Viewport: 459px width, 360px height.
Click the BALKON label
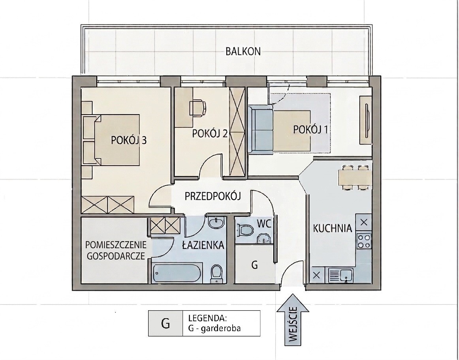point(243,51)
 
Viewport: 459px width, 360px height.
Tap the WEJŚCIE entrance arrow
point(293,320)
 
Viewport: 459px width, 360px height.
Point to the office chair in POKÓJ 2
point(198,108)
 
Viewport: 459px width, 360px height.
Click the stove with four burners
point(363,241)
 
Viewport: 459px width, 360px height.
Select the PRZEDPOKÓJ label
point(213,196)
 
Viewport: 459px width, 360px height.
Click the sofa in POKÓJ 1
point(261,130)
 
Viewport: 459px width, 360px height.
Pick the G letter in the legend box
point(166,323)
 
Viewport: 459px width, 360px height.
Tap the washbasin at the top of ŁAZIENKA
point(216,223)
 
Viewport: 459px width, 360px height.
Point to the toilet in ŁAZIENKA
point(216,274)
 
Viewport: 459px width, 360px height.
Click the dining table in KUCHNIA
point(355,178)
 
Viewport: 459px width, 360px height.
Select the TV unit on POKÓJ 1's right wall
point(366,120)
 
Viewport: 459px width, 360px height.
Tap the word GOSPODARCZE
point(116,256)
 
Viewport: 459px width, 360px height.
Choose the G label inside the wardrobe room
point(255,265)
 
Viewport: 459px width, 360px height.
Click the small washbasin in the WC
point(264,238)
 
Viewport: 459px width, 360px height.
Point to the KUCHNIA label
point(333,228)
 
